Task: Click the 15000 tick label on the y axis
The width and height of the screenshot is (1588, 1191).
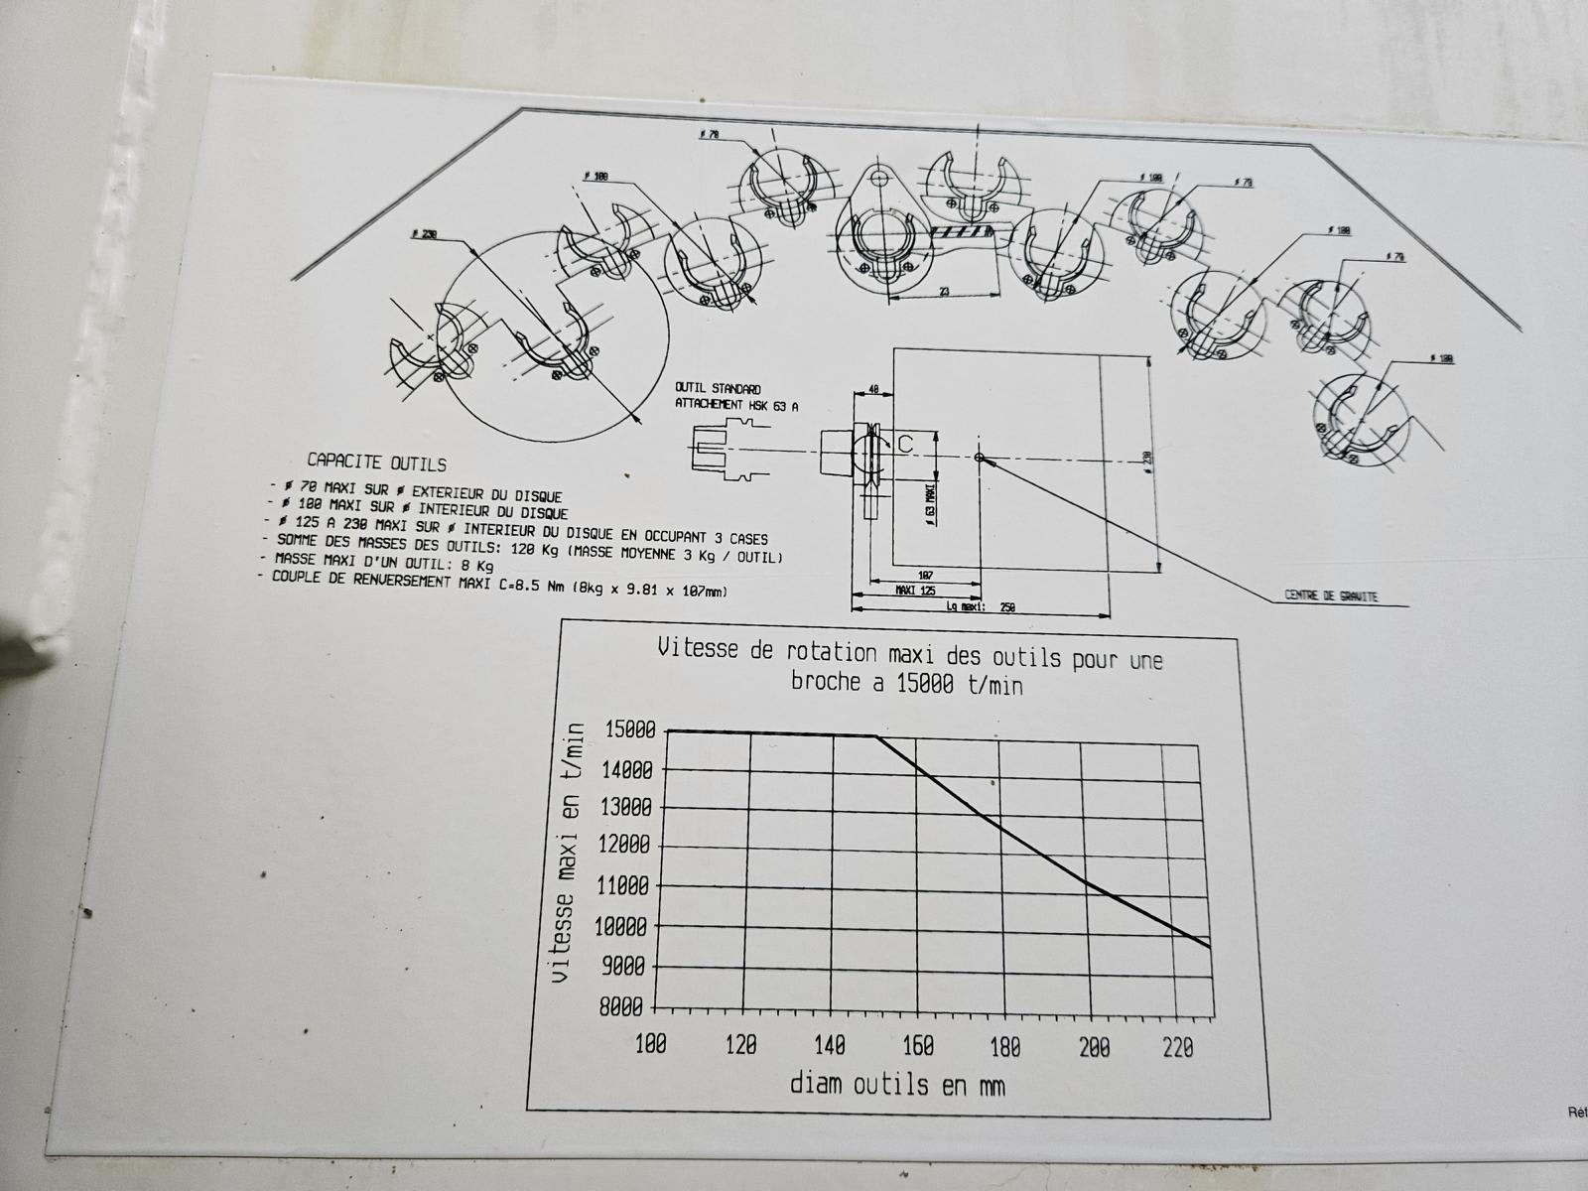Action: click(628, 729)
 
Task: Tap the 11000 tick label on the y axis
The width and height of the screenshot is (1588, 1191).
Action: click(625, 886)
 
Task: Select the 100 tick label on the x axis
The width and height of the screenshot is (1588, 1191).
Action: click(650, 1044)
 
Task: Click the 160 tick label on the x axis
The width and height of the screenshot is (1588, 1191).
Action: click(918, 1045)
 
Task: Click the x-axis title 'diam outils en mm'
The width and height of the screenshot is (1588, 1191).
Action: click(897, 1084)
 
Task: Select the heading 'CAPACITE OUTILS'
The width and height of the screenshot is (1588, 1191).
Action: click(376, 463)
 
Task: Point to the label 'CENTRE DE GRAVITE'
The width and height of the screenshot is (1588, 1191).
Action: click(1331, 595)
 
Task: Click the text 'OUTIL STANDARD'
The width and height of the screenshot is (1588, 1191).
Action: click(718, 388)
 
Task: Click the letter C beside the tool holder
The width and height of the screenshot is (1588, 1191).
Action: click(905, 446)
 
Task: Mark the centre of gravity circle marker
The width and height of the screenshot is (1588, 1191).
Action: click(981, 458)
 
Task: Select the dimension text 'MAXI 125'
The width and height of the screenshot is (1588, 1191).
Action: click(915, 591)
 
